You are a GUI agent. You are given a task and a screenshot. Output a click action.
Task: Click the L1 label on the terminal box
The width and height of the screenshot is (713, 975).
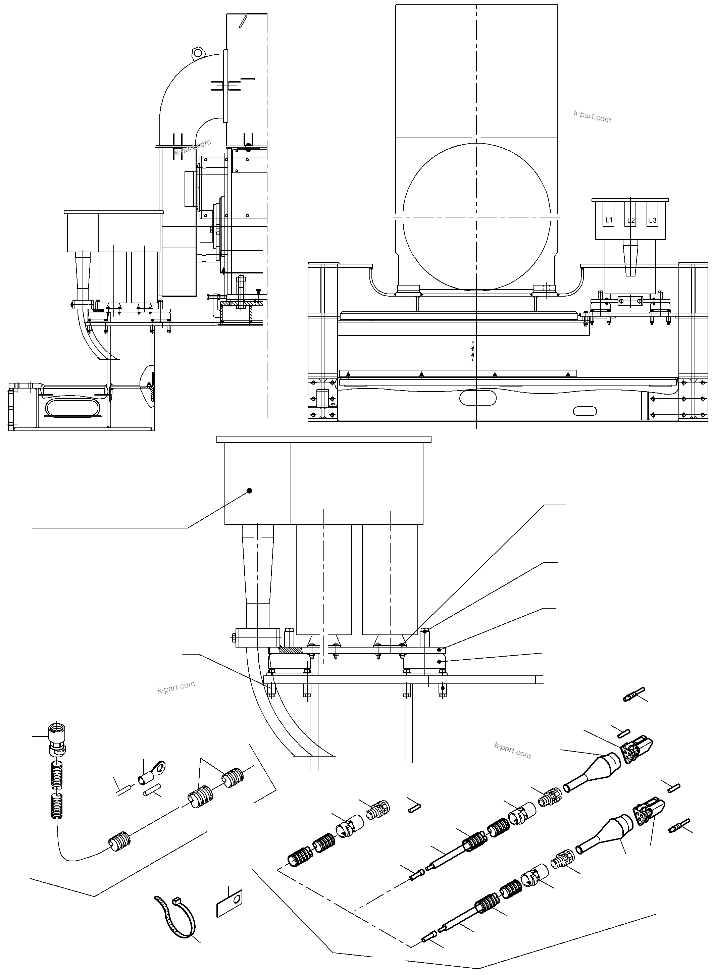click(x=609, y=220)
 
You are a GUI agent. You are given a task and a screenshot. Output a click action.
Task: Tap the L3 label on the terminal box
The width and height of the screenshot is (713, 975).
click(x=653, y=220)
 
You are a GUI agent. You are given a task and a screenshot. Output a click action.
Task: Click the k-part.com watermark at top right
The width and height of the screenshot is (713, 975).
click(x=592, y=116)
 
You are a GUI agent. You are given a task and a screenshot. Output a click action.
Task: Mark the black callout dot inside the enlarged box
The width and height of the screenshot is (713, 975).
click(x=249, y=491)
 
